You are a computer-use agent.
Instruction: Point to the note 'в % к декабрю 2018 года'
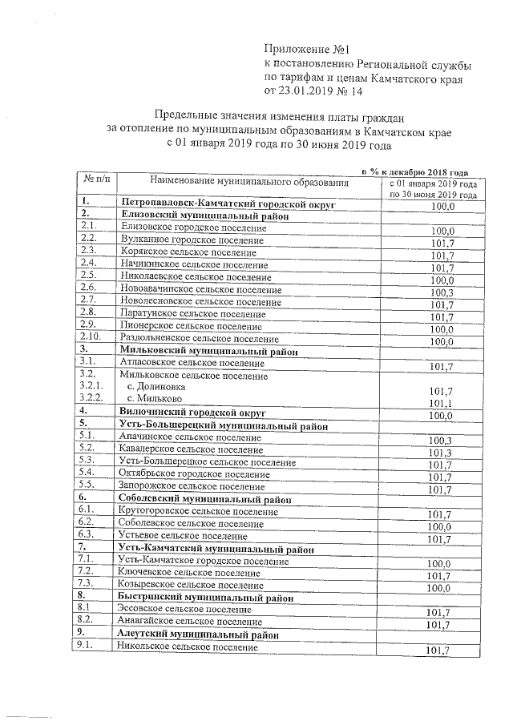click(x=414, y=171)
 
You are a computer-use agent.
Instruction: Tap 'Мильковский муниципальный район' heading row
click(x=208, y=351)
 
